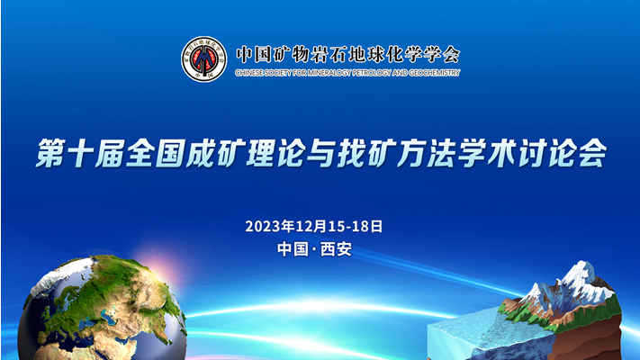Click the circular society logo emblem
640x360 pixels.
(x=203, y=58)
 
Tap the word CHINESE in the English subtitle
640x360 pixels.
(x=249, y=73)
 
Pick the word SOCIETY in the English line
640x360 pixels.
(x=281, y=73)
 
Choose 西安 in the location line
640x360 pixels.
(x=337, y=249)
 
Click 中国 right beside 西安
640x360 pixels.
(x=293, y=249)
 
